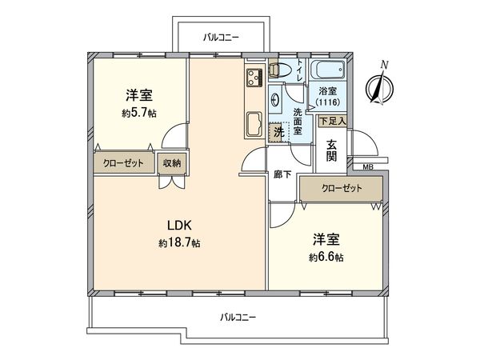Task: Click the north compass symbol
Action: pyautogui.click(x=378, y=86)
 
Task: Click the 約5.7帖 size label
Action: pyautogui.click(x=139, y=113)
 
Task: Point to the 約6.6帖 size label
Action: pyautogui.click(x=326, y=257)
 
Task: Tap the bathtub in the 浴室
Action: pyautogui.click(x=329, y=69)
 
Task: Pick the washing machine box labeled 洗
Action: pyautogui.click(x=278, y=130)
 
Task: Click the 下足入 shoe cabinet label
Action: pyautogui.click(x=332, y=122)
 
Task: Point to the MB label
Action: pyautogui.click(x=368, y=166)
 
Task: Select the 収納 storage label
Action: pyautogui.click(x=171, y=163)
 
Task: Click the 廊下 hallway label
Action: pyautogui.click(x=281, y=174)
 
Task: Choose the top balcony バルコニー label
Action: pyautogui.click(x=220, y=37)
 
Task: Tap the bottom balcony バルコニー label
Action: pyautogui.click(x=238, y=317)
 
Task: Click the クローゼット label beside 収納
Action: pyautogui.click(x=123, y=163)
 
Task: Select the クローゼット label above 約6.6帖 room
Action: pyautogui.click(x=342, y=188)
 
